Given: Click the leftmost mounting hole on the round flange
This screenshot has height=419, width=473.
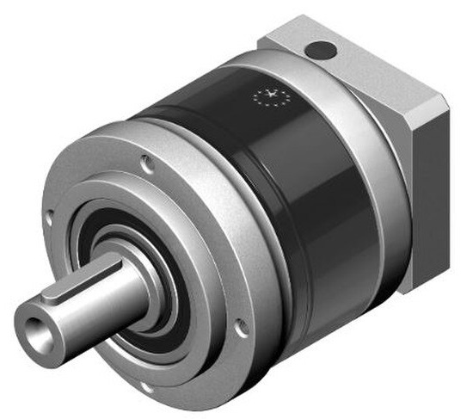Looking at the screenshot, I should [x=49, y=221].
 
